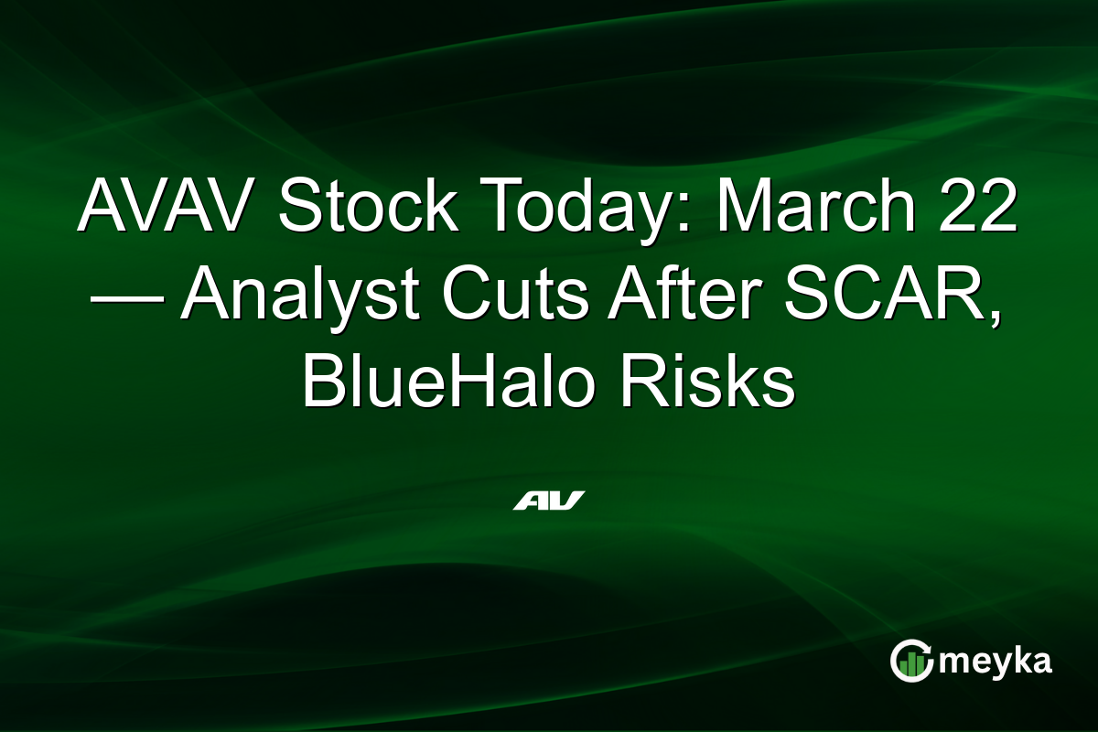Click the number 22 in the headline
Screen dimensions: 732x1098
(980, 209)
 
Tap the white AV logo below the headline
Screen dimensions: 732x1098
(548, 501)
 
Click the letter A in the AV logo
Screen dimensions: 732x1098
(530, 501)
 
